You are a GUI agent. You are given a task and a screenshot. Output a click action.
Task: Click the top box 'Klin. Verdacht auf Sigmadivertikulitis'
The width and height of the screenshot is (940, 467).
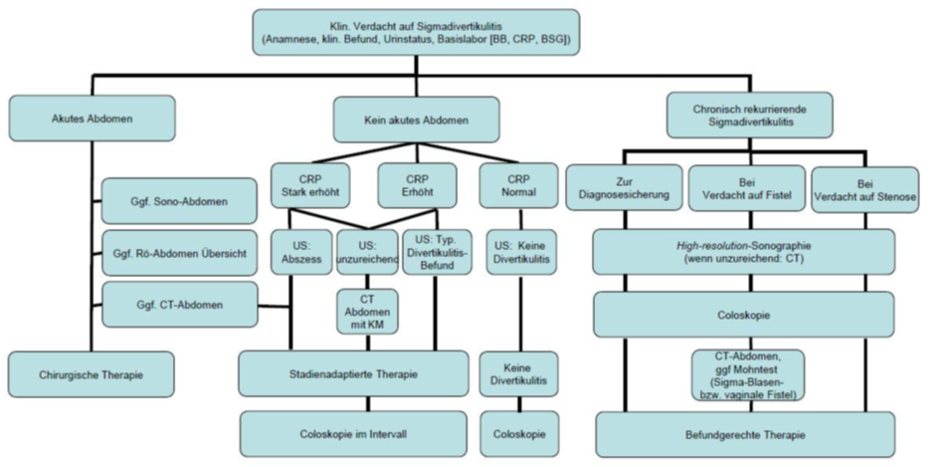tap(416, 33)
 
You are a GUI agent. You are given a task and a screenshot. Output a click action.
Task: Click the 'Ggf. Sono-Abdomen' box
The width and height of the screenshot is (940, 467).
tap(178, 202)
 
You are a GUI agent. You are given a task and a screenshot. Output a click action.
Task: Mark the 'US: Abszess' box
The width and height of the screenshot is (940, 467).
tap(295, 253)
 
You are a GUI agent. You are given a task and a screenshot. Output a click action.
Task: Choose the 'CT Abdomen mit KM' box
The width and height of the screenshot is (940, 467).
tap(367, 311)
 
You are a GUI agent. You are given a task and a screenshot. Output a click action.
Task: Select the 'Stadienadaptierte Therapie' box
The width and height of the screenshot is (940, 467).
tap(353, 374)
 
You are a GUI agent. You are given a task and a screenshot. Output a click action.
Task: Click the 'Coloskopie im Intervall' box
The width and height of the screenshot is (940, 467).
tap(353, 433)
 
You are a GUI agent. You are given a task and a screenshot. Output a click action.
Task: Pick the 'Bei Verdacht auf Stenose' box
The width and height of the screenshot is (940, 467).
tap(862, 190)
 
